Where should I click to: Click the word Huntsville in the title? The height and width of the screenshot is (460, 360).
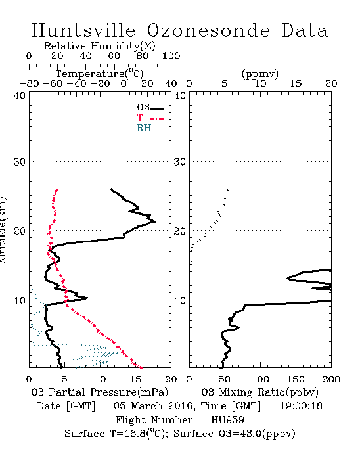83,30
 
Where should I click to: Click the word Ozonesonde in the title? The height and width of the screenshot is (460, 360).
208,30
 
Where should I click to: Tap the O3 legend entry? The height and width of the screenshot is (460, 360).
150,108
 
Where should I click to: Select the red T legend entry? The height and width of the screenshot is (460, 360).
150,118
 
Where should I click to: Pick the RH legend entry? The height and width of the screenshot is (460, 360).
150,128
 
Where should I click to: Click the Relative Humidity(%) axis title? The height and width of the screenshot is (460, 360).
100,46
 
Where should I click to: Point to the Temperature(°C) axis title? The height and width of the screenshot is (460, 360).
100,74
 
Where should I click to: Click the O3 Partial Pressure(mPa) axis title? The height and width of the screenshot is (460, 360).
100,392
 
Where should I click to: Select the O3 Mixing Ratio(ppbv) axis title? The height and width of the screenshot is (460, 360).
259,392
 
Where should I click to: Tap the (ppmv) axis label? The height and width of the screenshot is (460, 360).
260,74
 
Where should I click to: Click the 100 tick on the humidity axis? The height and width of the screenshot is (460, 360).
171,56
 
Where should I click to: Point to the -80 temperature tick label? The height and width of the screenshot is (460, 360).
29,84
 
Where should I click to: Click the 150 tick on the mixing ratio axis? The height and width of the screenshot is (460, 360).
296,379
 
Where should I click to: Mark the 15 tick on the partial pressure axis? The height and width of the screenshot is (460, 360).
135,379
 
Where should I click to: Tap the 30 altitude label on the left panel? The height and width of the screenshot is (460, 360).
20,162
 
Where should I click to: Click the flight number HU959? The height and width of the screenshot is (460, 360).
227,420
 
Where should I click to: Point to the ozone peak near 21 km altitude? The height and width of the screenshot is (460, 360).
155,222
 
